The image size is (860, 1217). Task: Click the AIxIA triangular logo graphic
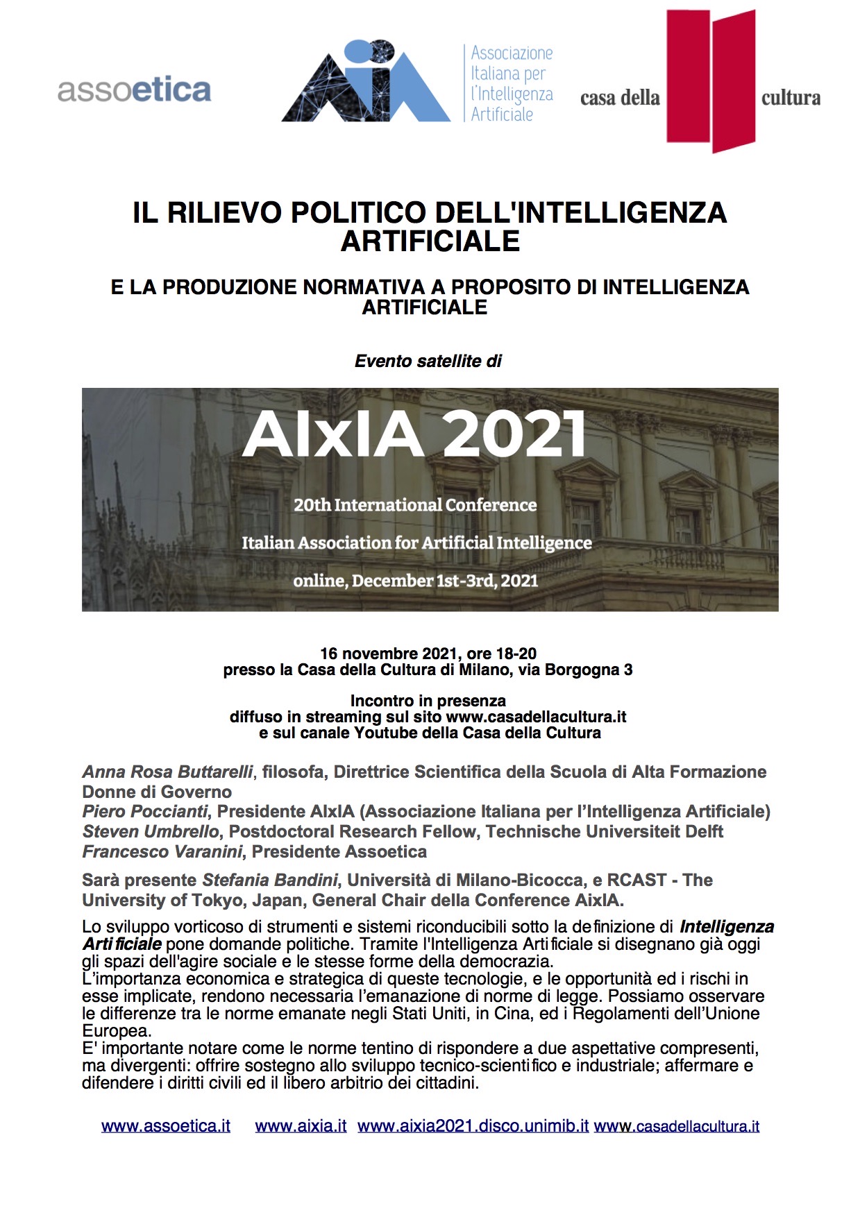click(x=366, y=82)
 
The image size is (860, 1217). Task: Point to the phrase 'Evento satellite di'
click(x=428, y=361)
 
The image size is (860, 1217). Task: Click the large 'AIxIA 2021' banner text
click(x=414, y=434)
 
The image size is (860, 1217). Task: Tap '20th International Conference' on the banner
click(x=415, y=505)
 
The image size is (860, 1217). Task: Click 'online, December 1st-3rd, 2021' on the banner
click(x=415, y=580)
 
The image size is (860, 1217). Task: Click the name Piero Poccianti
click(x=144, y=811)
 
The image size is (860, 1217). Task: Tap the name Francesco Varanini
click(x=162, y=851)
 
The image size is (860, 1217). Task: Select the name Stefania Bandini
click(x=269, y=880)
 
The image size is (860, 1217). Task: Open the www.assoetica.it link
click(x=165, y=1125)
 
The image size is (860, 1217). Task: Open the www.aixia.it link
click(x=301, y=1125)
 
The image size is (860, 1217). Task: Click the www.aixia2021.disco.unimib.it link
click(x=473, y=1125)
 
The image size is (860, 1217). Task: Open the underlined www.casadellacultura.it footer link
click(x=677, y=1125)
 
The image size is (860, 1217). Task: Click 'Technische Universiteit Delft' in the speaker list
click(x=604, y=831)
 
